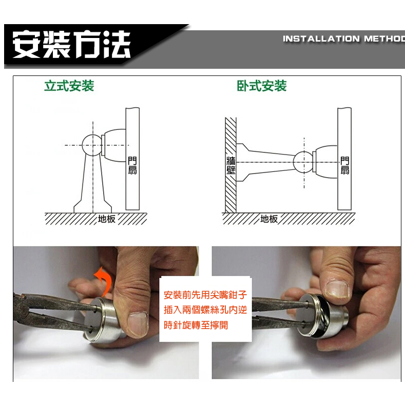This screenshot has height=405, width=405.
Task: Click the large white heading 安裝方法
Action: (x=71, y=45)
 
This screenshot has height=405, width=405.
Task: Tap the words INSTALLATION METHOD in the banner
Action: (x=344, y=38)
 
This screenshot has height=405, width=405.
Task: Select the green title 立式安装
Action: (x=69, y=86)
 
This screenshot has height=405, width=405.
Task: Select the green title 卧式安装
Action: (x=262, y=86)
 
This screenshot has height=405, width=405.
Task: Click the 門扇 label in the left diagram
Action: (x=132, y=166)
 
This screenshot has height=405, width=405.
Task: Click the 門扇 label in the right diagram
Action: (x=345, y=166)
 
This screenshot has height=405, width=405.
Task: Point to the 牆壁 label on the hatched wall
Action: (x=230, y=165)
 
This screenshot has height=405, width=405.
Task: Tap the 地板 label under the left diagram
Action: (x=106, y=219)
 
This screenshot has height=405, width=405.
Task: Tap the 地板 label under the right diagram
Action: (x=269, y=219)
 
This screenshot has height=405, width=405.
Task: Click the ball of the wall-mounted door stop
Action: (x=304, y=162)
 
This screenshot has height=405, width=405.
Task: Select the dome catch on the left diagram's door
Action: (x=113, y=145)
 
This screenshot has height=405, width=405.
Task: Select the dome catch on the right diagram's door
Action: (x=325, y=162)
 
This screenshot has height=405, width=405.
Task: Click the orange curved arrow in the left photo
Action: (x=104, y=281)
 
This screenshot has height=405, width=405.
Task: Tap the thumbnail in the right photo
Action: (x=337, y=289)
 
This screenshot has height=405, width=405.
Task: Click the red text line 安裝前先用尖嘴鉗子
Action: (x=205, y=295)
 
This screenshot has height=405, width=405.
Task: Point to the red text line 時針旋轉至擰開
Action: (x=196, y=325)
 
